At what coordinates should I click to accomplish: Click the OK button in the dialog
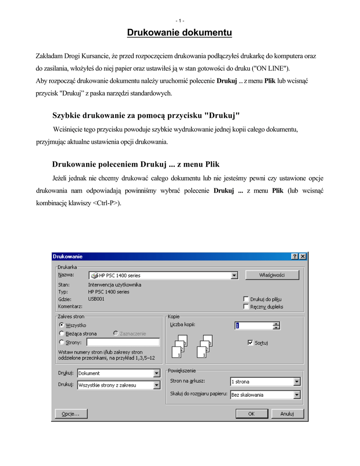click(251, 414)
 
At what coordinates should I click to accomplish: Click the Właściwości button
click(272, 275)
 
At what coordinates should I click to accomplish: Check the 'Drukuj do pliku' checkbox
click(246, 299)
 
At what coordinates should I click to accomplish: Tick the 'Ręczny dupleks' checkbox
click(246, 307)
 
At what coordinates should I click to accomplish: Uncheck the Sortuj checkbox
click(250, 342)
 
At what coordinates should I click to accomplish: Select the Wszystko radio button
click(61, 325)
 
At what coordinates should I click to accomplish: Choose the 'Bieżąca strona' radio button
click(61, 334)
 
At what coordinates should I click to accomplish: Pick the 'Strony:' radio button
click(61, 342)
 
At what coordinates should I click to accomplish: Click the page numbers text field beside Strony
click(123, 342)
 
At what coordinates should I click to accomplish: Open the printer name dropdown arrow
click(234, 275)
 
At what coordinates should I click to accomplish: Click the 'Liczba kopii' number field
click(253, 325)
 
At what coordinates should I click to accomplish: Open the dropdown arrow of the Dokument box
click(157, 373)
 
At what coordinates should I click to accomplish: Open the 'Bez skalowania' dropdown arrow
click(297, 395)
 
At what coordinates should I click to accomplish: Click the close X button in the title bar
click(303, 257)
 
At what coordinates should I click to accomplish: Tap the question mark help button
click(295, 257)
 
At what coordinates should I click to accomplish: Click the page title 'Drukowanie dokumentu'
click(179, 33)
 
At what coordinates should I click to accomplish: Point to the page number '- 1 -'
click(180, 20)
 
